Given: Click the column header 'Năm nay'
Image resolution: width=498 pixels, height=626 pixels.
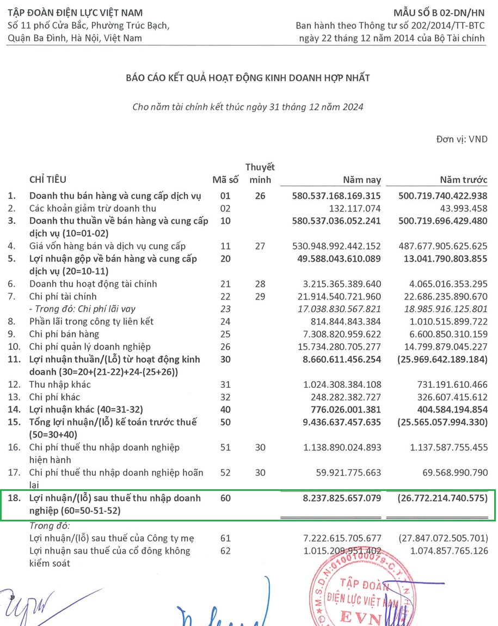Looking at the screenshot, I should coord(361,180).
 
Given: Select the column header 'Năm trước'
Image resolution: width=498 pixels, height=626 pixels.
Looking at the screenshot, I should coord(463,180).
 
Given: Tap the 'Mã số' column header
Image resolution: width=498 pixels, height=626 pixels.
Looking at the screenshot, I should coord(225,180).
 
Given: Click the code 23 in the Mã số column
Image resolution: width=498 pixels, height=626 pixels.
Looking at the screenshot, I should coord(225,309).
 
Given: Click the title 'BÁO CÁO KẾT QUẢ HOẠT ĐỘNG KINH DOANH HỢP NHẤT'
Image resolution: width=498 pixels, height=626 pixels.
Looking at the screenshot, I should coord(248,78).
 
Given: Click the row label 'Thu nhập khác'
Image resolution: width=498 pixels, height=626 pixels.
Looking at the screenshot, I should coord(60,385).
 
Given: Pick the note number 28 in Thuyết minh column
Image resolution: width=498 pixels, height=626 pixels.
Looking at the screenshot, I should coord(260,284).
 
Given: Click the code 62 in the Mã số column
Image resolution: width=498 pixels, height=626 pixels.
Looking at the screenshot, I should coord(225,551).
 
